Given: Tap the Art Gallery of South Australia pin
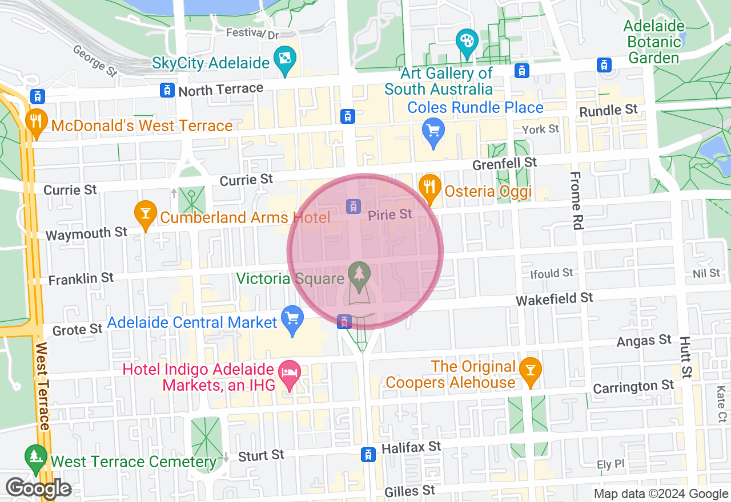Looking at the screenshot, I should point(467,42).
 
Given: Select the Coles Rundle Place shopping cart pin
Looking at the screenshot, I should point(433,132).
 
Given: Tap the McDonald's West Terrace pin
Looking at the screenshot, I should point(36,122).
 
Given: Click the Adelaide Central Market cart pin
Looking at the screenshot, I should point(293,319).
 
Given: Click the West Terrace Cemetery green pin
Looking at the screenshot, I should point(36,458).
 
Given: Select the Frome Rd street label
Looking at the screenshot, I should point(576,200).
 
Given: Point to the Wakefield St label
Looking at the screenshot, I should point(554,298).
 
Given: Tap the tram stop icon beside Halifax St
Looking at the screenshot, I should point(368,454).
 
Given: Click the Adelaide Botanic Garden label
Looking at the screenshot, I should point(654,42).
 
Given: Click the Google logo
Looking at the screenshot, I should point(38,488).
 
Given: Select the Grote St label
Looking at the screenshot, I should point(77,330).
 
